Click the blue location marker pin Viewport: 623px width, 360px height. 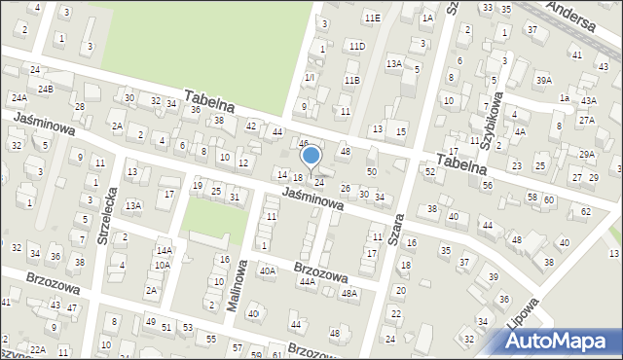pos(311,156)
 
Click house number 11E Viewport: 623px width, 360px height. pos(371,18)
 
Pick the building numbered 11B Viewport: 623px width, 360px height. pos(351,80)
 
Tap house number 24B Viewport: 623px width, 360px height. pos(45,89)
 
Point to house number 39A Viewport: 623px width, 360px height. pos(543,80)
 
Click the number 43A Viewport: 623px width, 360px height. pos(588,100)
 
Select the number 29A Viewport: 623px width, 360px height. pos(586,154)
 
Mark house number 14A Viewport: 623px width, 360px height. pos(165,250)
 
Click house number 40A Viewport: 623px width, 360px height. pos(267,271)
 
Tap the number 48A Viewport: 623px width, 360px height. pos(348,293)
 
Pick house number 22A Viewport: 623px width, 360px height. pos(37,349)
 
